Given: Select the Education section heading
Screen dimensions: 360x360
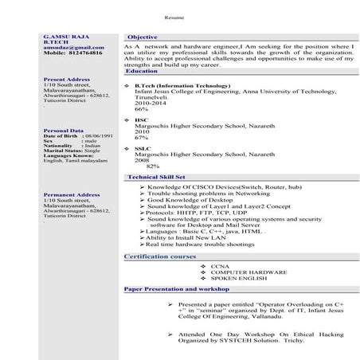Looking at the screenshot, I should click(142, 71).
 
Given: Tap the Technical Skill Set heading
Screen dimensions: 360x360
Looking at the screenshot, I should click(156, 176).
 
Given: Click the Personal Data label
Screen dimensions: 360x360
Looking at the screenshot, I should click(62, 129).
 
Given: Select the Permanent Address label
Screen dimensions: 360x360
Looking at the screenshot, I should click(72, 194).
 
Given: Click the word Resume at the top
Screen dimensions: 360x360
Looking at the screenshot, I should click(174, 17).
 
